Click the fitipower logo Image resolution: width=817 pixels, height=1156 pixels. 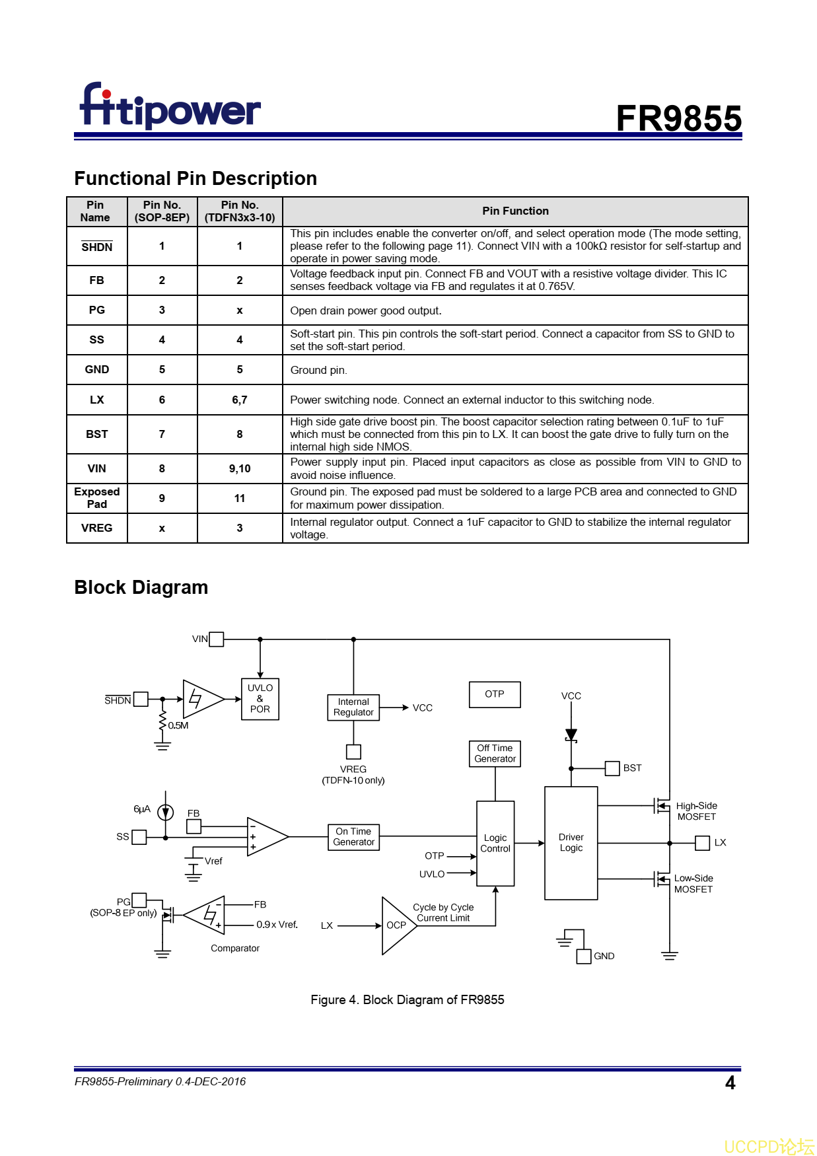[x=170, y=106]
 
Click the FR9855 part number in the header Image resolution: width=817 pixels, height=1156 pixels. [x=678, y=119]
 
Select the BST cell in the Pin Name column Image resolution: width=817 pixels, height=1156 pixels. [x=96, y=434]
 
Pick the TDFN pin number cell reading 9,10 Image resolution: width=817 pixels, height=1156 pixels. [x=240, y=468]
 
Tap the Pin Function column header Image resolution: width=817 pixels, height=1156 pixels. [x=515, y=211]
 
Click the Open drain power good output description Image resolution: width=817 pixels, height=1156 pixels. [x=366, y=310]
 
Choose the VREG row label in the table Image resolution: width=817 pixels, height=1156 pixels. [x=96, y=528]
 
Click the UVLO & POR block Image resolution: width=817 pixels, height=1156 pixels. [x=260, y=699]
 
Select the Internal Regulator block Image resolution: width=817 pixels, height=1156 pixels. [x=353, y=707]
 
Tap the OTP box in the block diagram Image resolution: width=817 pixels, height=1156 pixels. [x=494, y=694]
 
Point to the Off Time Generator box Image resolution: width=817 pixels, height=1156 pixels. [x=495, y=754]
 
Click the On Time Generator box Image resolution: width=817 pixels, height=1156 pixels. [x=353, y=837]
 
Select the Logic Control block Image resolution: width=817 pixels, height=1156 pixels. [x=495, y=844]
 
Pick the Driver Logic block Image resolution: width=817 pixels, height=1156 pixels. [x=571, y=843]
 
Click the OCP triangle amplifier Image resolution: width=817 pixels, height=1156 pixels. [x=396, y=925]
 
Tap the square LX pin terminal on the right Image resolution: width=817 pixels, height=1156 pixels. [x=703, y=843]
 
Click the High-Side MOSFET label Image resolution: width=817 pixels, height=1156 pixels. [x=696, y=811]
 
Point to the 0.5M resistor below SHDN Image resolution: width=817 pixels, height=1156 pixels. [x=162, y=722]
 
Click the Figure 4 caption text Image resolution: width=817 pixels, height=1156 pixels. [x=407, y=999]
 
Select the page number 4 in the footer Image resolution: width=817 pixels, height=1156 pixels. [x=730, y=1083]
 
